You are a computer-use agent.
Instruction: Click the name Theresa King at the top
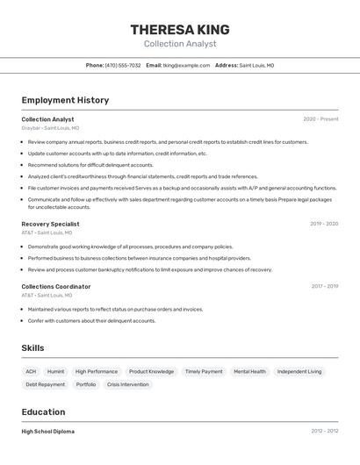click(x=179, y=28)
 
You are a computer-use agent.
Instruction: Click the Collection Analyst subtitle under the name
click(x=179, y=44)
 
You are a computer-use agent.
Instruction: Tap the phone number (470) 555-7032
click(x=122, y=66)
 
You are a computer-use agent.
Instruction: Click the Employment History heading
click(x=65, y=100)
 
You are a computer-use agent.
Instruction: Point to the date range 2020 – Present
click(x=320, y=119)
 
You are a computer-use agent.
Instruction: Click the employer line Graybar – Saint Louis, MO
click(x=49, y=128)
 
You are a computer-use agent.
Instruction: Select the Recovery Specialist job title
click(x=50, y=224)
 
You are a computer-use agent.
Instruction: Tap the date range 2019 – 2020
click(x=323, y=224)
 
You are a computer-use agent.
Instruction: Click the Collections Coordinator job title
click(x=55, y=286)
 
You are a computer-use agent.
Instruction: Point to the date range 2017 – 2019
click(x=323, y=286)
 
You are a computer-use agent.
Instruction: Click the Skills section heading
click(x=32, y=348)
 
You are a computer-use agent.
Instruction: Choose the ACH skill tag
click(x=31, y=371)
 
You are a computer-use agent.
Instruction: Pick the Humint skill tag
click(x=55, y=371)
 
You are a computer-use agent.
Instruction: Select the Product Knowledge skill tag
click(x=151, y=371)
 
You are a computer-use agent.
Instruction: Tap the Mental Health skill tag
click(x=249, y=371)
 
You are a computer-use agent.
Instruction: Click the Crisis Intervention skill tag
click(x=127, y=384)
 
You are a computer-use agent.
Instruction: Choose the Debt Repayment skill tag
click(x=45, y=384)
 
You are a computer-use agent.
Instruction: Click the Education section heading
click(x=43, y=412)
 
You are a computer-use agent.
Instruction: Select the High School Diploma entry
click(x=47, y=432)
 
